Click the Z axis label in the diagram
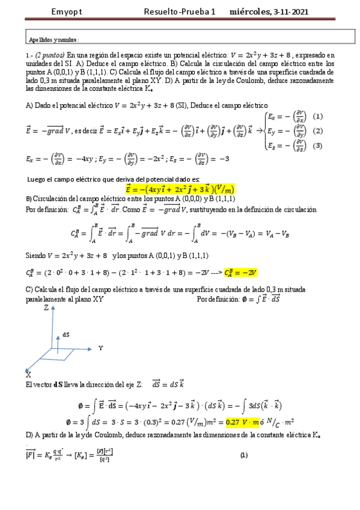[47, 307]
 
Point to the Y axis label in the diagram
[101, 348]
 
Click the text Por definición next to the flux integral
[218, 299]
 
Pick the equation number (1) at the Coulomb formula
[243, 455]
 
